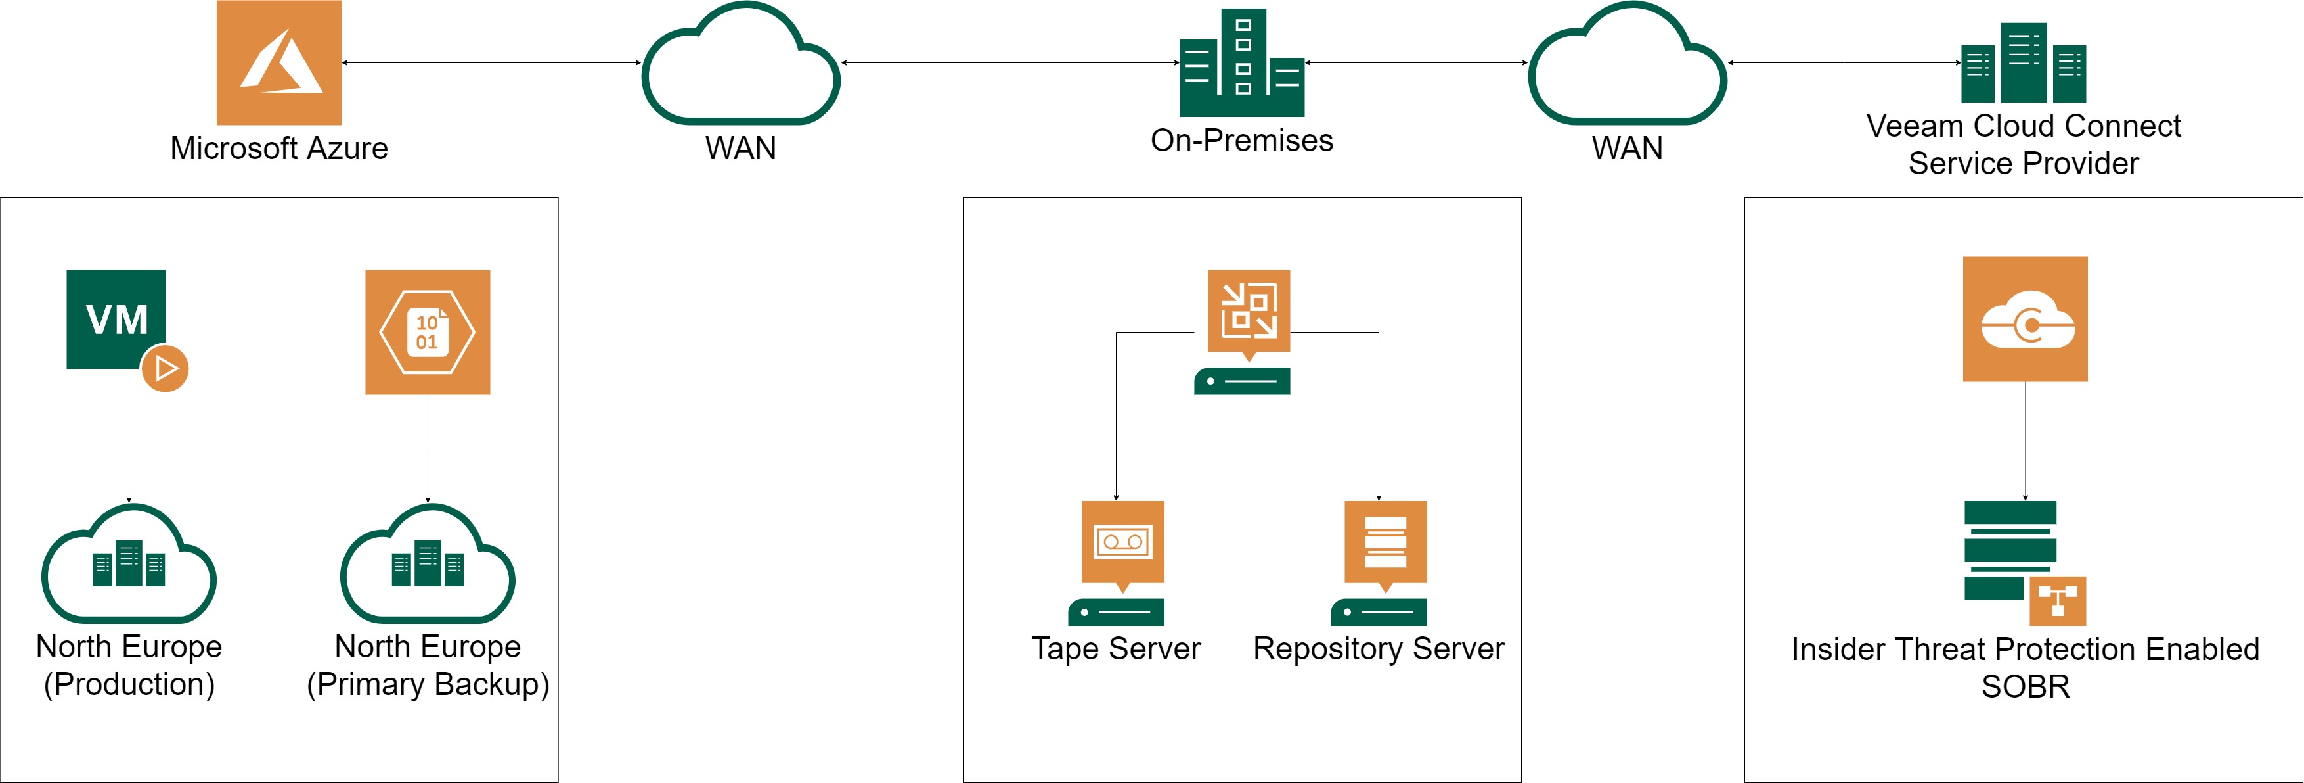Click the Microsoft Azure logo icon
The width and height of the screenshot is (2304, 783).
(x=278, y=62)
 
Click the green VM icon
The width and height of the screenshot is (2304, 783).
(x=116, y=319)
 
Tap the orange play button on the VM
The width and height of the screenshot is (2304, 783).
(x=166, y=368)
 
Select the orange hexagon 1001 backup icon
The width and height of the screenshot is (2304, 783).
(x=428, y=332)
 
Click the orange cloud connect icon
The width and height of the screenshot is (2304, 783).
(x=2025, y=320)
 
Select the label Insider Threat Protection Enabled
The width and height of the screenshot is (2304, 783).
(x=2025, y=650)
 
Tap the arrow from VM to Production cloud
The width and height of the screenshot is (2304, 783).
(x=129, y=448)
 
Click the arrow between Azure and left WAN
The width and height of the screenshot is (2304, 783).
(x=491, y=62)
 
